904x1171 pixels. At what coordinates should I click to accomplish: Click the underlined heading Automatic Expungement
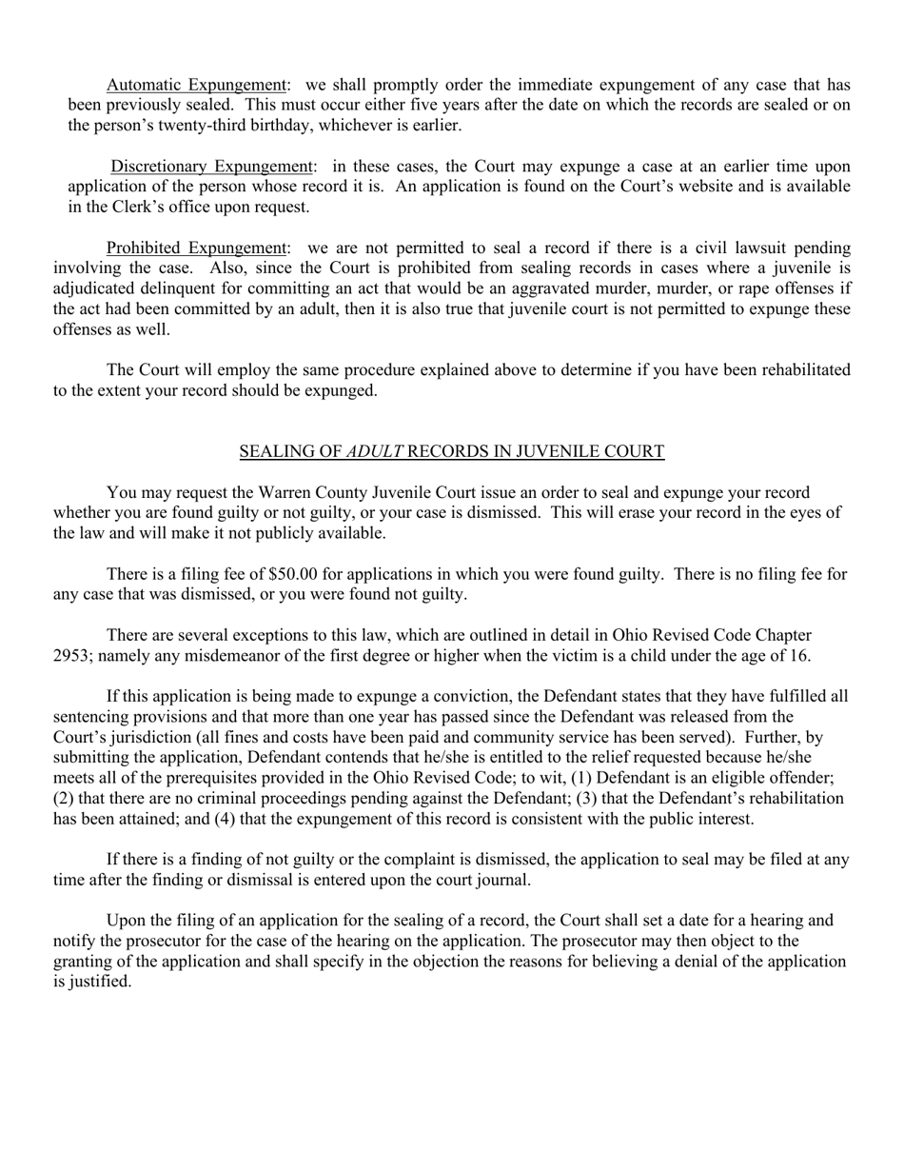[196, 85]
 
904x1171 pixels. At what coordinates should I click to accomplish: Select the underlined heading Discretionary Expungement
[211, 167]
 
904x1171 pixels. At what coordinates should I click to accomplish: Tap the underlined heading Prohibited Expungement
[196, 248]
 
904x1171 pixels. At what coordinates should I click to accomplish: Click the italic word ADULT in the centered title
[374, 451]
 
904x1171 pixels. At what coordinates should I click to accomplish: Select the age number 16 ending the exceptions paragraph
[798, 655]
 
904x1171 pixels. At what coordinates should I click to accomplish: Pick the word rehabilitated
[797, 369]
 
